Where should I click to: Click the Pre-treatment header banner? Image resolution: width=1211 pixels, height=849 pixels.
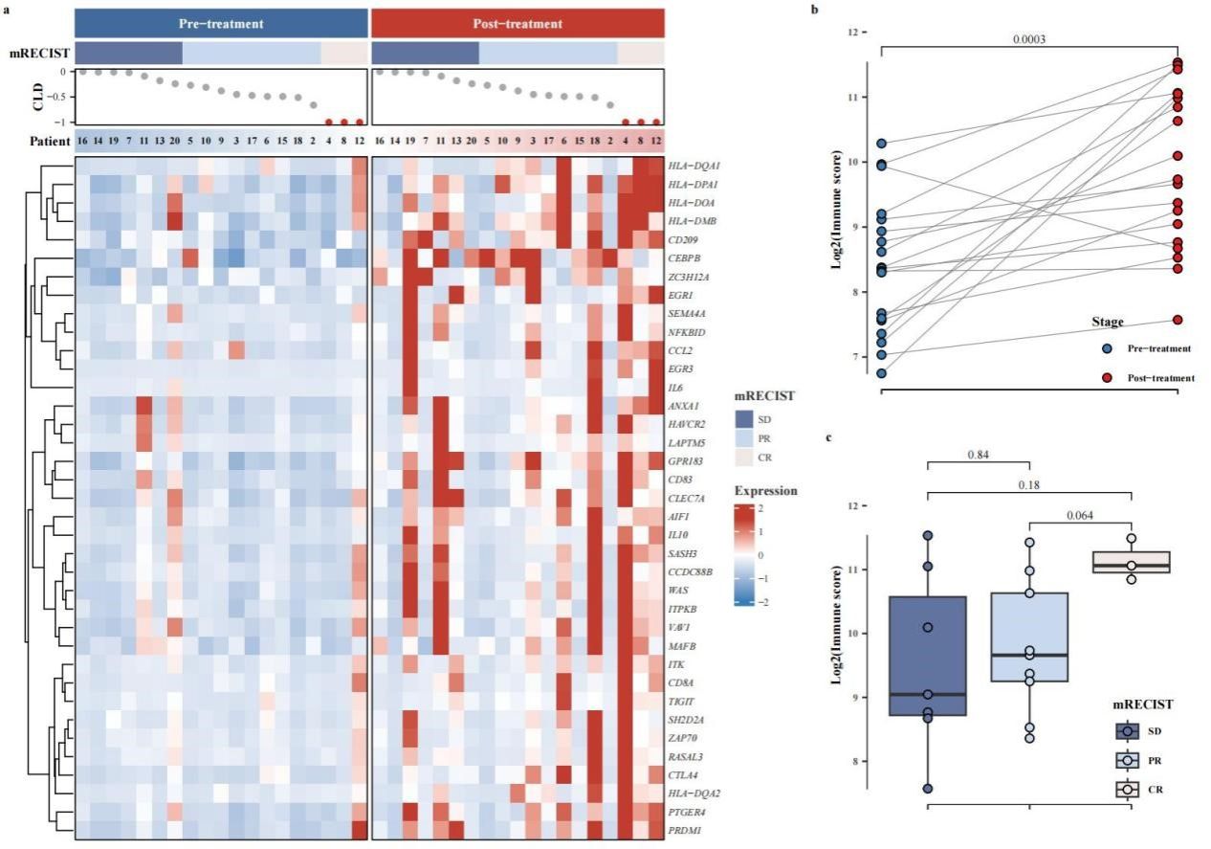point(221,23)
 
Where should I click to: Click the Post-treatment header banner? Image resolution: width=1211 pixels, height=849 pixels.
point(517,23)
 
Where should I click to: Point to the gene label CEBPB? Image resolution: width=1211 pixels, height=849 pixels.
point(688,257)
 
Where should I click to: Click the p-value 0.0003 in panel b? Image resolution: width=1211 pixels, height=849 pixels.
point(1029,39)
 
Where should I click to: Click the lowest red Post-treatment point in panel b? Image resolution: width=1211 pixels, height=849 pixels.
point(1178,320)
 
